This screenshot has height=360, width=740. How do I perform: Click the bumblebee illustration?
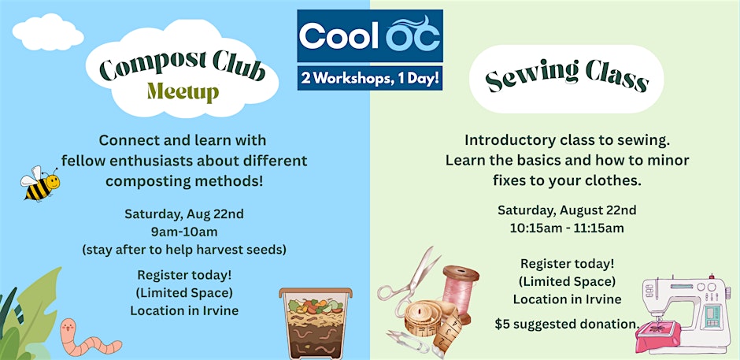(39, 184)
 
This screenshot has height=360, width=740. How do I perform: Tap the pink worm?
(87, 337)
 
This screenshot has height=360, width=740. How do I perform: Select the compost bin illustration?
(315, 323)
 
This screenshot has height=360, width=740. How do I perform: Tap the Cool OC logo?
(370, 36)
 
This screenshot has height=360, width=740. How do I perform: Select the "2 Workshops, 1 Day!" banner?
(370, 78)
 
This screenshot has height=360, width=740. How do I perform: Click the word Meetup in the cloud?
(183, 91)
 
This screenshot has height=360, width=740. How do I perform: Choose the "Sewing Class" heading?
(566, 77)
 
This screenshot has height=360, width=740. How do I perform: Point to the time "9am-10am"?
(184, 232)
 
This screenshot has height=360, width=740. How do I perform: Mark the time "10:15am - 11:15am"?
(567, 228)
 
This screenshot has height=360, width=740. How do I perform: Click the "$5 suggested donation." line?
(567, 325)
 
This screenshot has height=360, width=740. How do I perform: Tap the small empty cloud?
(48, 32)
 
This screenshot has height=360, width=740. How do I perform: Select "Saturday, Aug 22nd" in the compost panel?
(184, 214)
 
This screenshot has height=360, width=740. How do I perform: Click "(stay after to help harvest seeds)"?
(184, 250)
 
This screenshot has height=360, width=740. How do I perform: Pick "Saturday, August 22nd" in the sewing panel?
(567, 210)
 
